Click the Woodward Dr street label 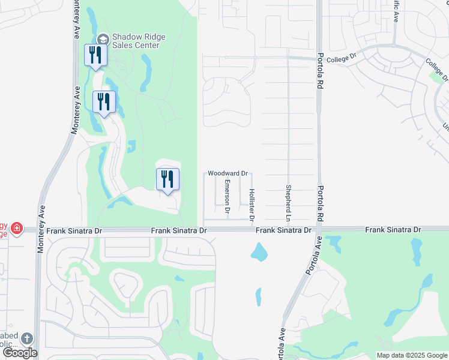228,173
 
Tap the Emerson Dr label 228,196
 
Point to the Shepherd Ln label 289,199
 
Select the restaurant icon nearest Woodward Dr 167,179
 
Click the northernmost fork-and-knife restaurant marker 96,56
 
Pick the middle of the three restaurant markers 104,102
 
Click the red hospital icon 16,228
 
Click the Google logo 20,353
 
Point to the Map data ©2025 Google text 411,355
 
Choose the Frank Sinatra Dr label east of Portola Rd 393,230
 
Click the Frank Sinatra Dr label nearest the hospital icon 74,230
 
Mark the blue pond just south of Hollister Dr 260,252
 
